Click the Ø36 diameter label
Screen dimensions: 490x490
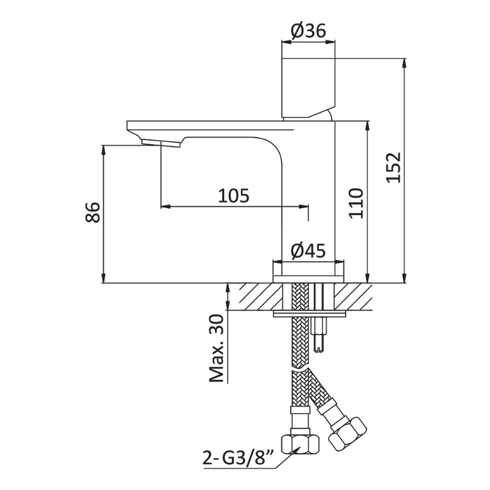pos(308,31)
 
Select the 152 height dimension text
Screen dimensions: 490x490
pos(393,168)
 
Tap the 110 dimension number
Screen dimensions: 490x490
pos(357,203)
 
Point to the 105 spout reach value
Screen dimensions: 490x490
pos(233,196)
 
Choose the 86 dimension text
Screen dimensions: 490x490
pos(92,213)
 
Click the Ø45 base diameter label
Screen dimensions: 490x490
pos(308,251)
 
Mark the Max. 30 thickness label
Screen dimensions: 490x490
pos(217,348)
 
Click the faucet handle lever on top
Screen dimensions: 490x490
pos(308,88)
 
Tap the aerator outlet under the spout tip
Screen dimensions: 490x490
pos(161,144)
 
